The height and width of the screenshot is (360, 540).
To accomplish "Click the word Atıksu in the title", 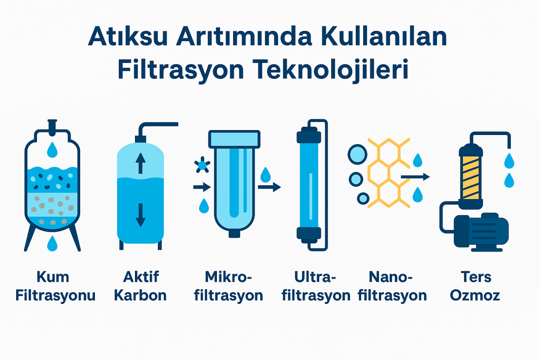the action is pos(128,36).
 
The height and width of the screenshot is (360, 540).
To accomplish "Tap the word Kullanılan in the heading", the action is pos(384,36).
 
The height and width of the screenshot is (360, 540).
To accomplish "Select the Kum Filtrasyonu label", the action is pos(55,287).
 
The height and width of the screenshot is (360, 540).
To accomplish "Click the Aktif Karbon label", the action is pos(140,287).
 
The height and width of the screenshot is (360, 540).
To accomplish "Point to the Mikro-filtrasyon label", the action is pos(228,287).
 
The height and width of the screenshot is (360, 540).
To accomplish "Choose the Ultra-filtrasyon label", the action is pos(316,287).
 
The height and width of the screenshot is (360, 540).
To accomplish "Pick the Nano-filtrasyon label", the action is pos(392,287).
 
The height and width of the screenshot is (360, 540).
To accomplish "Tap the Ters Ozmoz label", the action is pos(475,287).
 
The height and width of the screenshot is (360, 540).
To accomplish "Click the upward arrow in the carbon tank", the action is pos(140,163).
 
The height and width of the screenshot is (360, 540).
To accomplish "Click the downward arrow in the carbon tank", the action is pos(140,215).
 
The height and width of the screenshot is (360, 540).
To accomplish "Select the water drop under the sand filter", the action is pos(52,243).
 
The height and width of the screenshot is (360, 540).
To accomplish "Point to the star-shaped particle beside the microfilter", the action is pos(202,165).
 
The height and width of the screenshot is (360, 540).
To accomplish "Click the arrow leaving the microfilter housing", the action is pos(270,187).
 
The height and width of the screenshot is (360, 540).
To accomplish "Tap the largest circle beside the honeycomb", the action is pos(357,154).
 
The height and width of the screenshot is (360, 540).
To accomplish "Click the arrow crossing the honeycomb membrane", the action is pos(415,177).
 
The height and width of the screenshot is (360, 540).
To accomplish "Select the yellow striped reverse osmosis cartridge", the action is pos(471,178).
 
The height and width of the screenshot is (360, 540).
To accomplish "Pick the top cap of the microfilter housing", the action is pos(234,139).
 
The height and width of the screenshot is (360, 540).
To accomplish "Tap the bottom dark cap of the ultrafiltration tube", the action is pos(309,235).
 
